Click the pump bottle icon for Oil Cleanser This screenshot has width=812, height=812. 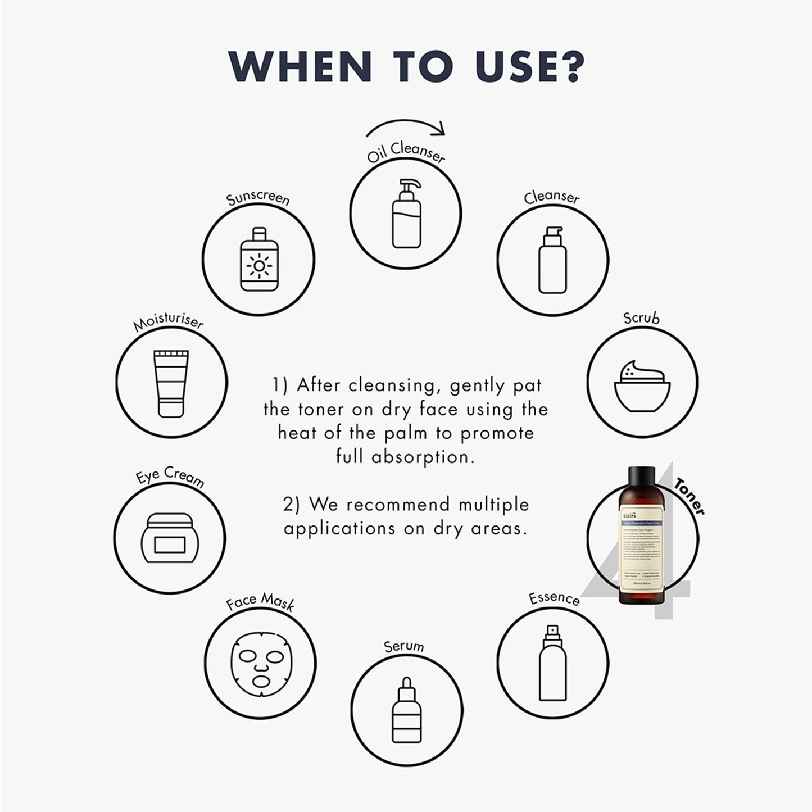[406, 214]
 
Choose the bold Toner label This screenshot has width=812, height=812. [689, 496]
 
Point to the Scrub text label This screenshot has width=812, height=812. [641, 319]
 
